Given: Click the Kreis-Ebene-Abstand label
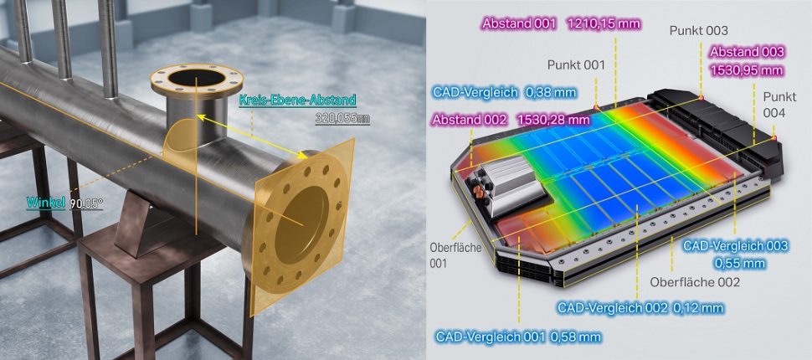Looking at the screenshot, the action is (297, 100).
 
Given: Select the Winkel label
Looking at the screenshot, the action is (46, 203).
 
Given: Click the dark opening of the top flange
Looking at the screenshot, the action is (197, 78).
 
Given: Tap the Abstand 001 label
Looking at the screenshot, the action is (519, 23).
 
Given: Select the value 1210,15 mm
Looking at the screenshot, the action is (604, 23).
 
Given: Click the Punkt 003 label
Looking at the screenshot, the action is (699, 31).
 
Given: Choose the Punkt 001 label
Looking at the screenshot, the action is (576, 64).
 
